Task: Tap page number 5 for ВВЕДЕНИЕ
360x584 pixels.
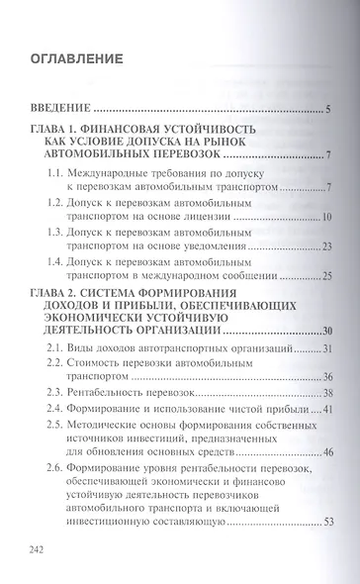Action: [x=326, y=108]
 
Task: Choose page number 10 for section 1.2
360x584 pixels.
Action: [x=324, y=217]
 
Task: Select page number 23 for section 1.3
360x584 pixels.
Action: [x=324, y=245]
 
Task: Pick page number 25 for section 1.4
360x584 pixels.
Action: [x=324, y=274]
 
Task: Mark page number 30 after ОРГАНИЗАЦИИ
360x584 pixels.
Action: [x=323, y=330]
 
